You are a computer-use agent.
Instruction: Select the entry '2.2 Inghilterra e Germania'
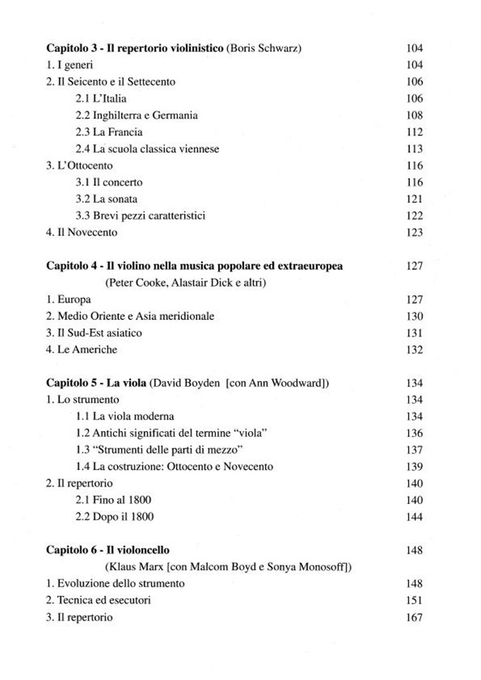(136, 115)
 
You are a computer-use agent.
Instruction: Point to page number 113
(414, 149)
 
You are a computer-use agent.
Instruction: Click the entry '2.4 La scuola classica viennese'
(147, 149)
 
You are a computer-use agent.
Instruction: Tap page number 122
(414, 215)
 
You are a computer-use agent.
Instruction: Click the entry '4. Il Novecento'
(82, 232)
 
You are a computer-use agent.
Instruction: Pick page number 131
(414, 333)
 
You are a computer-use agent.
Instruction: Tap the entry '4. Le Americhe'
(82, 349)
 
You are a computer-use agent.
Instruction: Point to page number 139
(414, 467)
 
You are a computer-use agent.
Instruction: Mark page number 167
(414, 617)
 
